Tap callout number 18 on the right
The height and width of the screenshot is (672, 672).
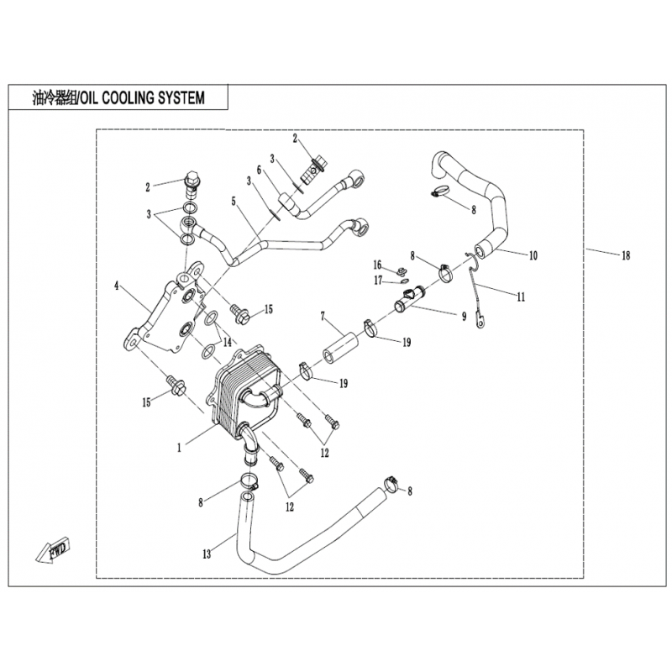click(626, 255)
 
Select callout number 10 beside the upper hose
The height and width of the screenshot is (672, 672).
click(533, 255)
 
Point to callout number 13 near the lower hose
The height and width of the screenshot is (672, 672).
click(207, 554)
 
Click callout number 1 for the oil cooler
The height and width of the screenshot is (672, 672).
click(179, 448)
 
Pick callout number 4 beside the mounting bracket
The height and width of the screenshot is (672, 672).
click(116, 286)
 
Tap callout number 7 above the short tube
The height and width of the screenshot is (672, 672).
click(323, 317)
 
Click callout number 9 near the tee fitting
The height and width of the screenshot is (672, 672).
click(464, 317)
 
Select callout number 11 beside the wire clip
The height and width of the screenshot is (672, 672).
click(521, 297)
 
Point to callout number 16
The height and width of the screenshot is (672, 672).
click(377, 265)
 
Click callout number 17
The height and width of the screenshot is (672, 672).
click(378, 281)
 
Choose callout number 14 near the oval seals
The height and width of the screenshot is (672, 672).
click(227, 342)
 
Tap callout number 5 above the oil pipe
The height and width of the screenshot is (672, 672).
click(234, 201)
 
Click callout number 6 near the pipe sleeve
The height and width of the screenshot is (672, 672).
click(259, 171)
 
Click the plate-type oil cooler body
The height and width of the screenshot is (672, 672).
click(245, 393)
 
